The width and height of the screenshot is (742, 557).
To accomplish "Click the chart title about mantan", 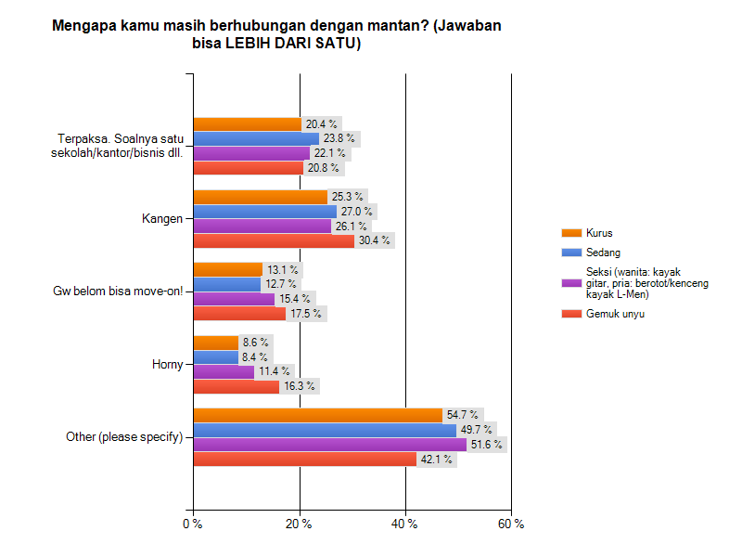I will [x=276, y=35].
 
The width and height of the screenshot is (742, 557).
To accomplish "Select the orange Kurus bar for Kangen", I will [x=260, y=197].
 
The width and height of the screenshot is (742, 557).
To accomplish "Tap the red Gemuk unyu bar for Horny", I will [x=236, y=386].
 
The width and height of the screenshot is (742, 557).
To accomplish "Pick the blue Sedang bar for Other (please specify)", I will [x=325, y=430].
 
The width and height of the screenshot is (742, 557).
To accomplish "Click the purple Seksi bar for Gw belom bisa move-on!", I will [x=234, y=299].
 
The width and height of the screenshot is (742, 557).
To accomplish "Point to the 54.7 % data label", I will [x=462, y=415].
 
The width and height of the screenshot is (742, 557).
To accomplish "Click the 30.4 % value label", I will [x=374, y=241].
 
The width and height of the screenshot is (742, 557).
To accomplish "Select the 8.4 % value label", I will [x=254, y=356].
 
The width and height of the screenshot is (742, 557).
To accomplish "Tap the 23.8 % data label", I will [x=339, y=138].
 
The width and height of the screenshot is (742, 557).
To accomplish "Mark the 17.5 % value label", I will [x=305, y=314].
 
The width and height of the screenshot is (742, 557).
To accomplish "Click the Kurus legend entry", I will [x=600, y=233].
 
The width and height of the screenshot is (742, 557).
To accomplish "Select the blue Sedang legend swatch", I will [x=571, y=253].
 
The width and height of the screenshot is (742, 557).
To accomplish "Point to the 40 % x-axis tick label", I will [x=405, y=525].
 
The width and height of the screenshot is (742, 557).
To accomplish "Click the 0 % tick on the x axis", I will [x=193, y=525].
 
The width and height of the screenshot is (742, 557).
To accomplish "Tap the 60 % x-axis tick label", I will [x=511, y=525].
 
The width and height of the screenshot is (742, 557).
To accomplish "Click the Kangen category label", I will [x=161, y=219].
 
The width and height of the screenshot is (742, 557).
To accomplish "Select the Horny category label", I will [x=167, y=365].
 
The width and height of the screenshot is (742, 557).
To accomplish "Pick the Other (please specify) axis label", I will [x=124, y=437].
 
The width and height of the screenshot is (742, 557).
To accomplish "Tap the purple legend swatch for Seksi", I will [x=571, y=283].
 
